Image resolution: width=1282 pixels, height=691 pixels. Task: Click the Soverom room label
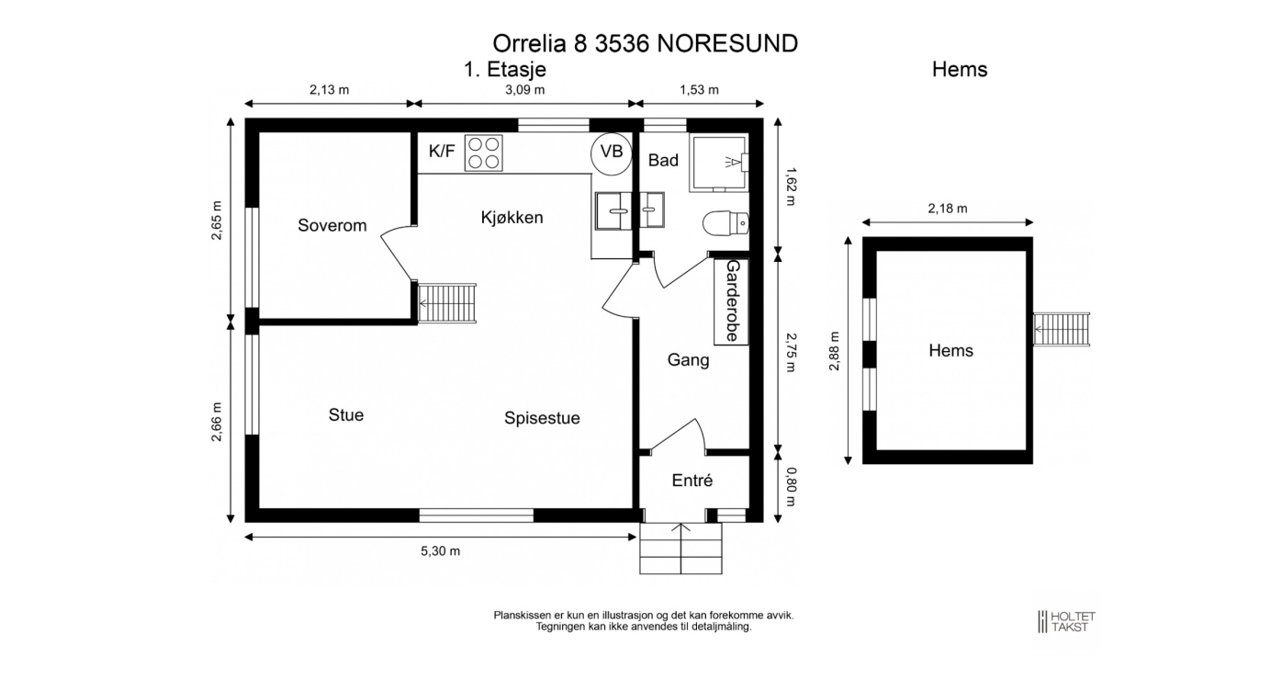[332, 225]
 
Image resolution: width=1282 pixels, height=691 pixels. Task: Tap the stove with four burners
[483, 153]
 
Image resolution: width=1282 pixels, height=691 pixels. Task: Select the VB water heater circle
[611, 152]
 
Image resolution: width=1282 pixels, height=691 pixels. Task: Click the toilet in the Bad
[725, 223]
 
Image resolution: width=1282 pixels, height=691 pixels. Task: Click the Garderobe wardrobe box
[732, 300]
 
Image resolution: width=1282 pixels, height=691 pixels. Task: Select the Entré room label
[692, 481]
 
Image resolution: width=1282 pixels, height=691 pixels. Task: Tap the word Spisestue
[542, 418]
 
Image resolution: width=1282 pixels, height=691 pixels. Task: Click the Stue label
[346, 415]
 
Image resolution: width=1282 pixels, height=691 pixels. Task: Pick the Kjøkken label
[512, 218]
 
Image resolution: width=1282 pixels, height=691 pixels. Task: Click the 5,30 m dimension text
[440, 551]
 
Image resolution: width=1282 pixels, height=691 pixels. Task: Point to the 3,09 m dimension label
[525, 90]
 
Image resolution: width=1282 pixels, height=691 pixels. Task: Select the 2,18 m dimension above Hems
[947, 209]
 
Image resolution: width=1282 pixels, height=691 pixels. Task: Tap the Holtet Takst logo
[1066, 621]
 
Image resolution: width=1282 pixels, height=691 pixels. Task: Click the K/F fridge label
[442, 151]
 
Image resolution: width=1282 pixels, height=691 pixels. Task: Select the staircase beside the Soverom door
[449, 302]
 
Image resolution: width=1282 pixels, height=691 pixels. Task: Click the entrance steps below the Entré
[680, 549]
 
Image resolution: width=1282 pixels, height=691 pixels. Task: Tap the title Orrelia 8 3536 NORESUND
[645, 43]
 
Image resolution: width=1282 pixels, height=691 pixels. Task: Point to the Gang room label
[688, 360]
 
